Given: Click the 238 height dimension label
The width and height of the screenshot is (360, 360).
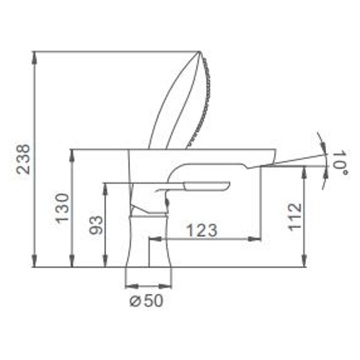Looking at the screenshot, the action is pos(24,159).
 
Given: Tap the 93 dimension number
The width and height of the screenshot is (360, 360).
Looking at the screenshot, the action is pos(96,225).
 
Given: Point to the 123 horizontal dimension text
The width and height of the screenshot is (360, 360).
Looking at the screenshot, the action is pos(202,230).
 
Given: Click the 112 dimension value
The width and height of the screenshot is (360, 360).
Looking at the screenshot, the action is pos(295,217).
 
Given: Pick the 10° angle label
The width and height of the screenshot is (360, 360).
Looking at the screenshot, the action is pos(341,162).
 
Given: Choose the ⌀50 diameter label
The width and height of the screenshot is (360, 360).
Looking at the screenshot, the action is pos(147,301).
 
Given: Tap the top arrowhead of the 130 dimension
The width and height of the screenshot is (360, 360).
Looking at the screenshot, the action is pos(72,155).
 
